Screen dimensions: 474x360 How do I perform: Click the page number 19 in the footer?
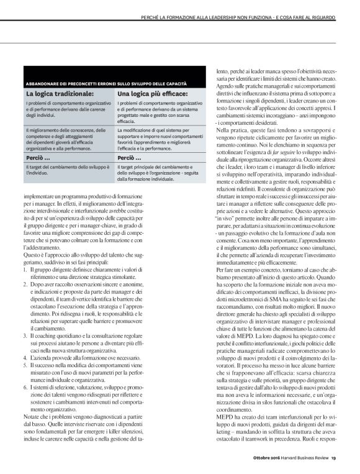click(x=333, y=459)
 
